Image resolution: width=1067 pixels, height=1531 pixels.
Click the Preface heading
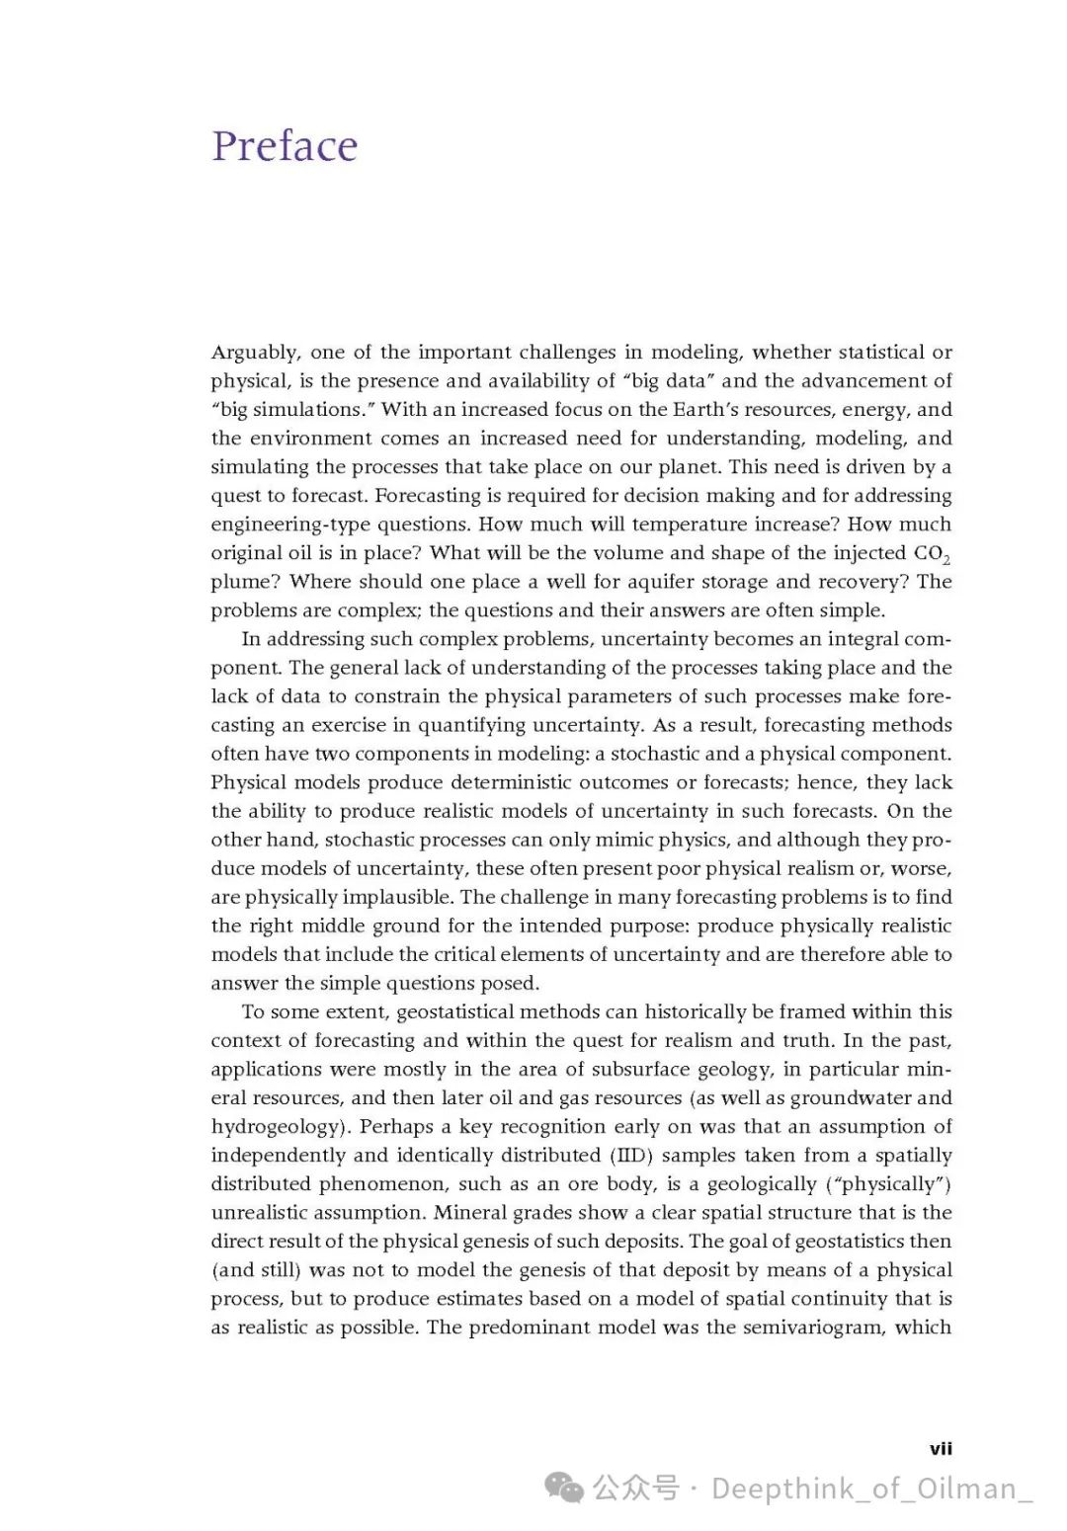[285, 146]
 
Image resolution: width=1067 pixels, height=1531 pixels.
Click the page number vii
[941, 1449]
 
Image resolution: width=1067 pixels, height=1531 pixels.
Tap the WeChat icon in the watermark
[566, 1488]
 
